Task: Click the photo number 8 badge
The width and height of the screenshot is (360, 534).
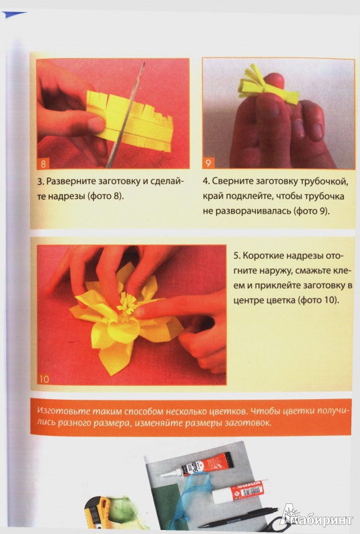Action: coord(43,164)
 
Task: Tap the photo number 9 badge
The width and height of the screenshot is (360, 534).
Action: coord(208,164)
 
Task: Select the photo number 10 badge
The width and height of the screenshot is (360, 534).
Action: coord(44,378)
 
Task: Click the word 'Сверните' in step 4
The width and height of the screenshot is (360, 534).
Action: coord(230,182)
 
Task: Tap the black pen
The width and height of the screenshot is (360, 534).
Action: coord(238,519)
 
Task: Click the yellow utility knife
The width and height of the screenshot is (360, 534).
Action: coord(98,512)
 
